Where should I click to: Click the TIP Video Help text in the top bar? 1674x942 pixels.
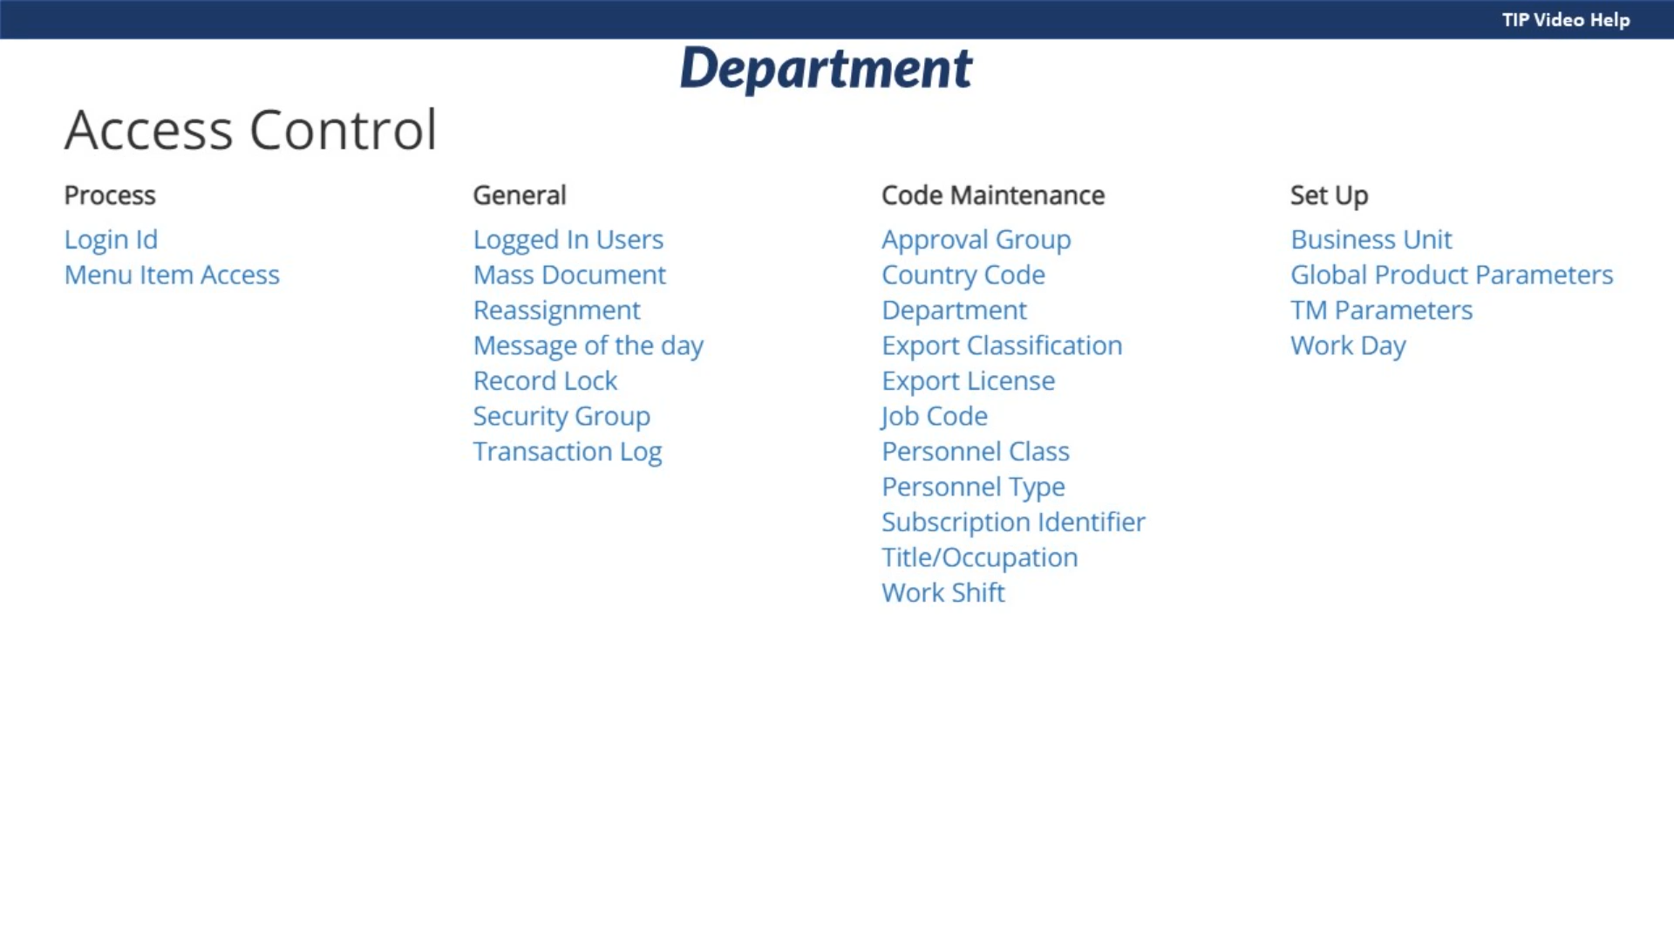pyautogui.click(x=1566, y=20)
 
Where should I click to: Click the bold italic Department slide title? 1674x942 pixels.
pyautogui.click(x=826, y=69)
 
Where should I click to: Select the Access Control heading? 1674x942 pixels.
pyautogui.click(x=250, y=130)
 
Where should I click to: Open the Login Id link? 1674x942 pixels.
pyautogui.click(x=111, y=239)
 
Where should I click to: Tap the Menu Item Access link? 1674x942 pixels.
pyautogui.click(x=172, y=275)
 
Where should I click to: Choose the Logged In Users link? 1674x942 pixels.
pyautogui.click(x=568, y=240)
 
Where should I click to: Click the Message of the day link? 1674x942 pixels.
pyautogui.click(x=589, y=345)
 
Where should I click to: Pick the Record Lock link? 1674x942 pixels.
pyautogui.click(x=545, y=380)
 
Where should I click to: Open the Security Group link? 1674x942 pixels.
pyautogui.click(x=561, y=416)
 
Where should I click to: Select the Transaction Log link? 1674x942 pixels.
pyautogui.click(x=568, y=452)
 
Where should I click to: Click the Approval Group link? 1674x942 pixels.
pyautogui.click(x=976, y=240)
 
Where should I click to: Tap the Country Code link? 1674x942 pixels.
pyautogui.click(x=963, y=275)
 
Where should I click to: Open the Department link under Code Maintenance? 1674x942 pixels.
pyautogui.click(x=955, y=311)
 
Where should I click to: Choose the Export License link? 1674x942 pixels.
pyautogui.click(x=969, y=381)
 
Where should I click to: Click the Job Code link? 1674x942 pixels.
pyautogui.click(x=934, y=416)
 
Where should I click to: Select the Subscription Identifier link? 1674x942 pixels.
pyautogui.click(x=1014, y=522)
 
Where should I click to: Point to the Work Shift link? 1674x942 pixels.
pyautogui.click(x=943, y=592)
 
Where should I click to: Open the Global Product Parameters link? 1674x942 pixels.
pyautogui.click(x=1452, y=275)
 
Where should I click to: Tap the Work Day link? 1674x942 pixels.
pyautogui.click(x=1349, y=345)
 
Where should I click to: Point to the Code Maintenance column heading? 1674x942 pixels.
pyautogui.click(x=993, y=195)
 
